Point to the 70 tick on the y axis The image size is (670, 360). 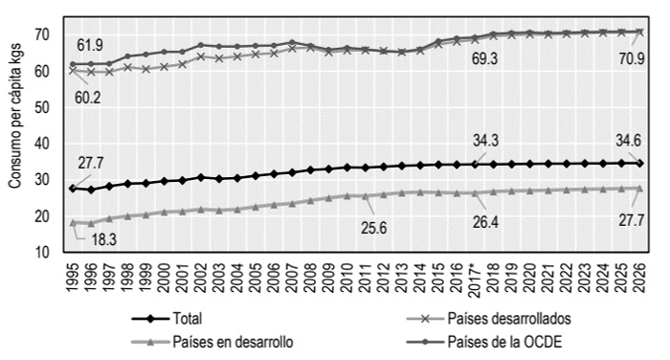44,34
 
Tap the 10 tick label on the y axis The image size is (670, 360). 44,253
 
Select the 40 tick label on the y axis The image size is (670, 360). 44,144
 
